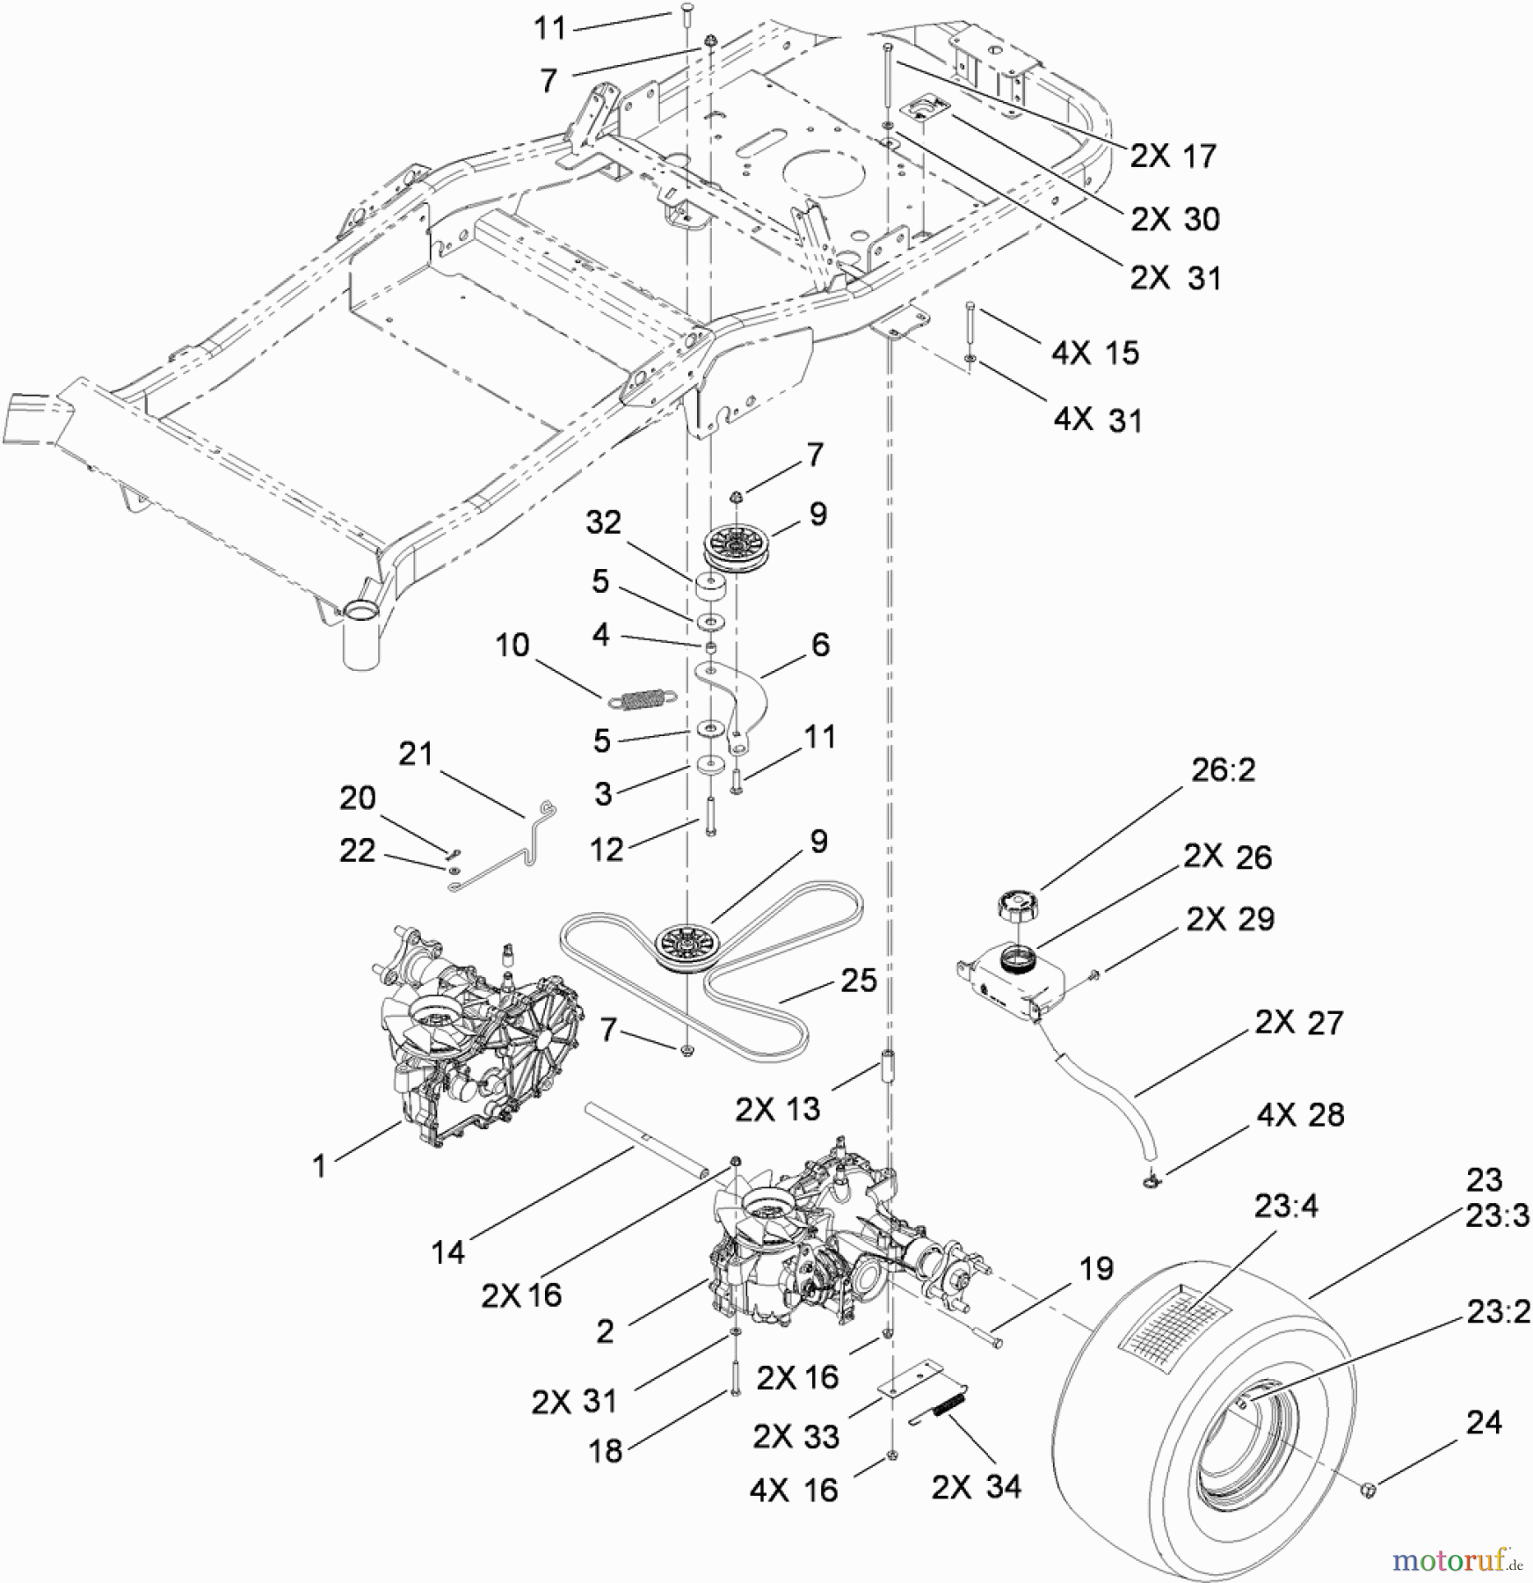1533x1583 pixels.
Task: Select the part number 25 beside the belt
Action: click(x=858, y=981)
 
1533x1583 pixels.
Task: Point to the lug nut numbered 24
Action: click(x=1368, y=1488)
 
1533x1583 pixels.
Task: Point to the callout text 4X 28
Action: click(x=1300, y=1115)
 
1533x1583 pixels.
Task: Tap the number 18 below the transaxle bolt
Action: click(x=606, y=1451)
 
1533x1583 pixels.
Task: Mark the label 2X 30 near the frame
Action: click(x=1174, y=219)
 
